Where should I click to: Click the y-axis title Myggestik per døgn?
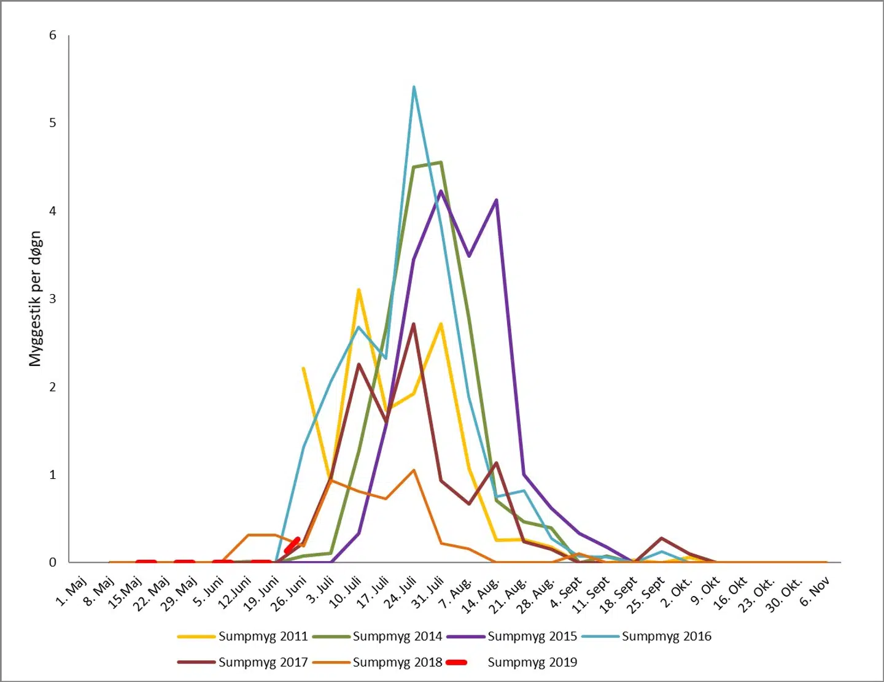pos(35,299)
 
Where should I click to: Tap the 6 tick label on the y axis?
pos(53,36)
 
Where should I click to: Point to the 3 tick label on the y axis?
pos(53,299)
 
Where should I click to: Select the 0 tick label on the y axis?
pos(53,562)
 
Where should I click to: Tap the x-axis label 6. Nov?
pos(814,591)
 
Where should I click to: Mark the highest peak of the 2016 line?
pos(414,87)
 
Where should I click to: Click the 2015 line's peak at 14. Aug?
pos(496,200)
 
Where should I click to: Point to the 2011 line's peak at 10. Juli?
pos(359,290)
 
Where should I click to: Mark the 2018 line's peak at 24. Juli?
pos(414,470)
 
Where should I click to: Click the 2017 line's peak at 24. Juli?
pos(414,324)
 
